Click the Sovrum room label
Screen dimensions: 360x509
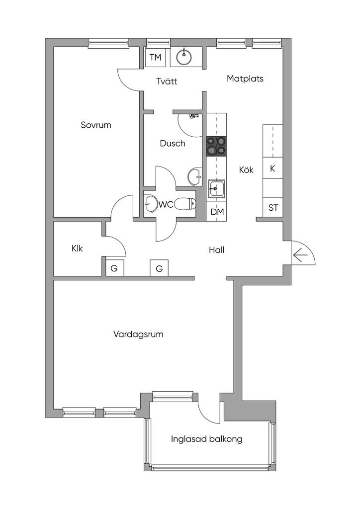pyautogui.click(x=96, y=125)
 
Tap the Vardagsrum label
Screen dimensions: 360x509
pyautogui.click(x=138, y=335)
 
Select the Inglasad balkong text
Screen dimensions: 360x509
pyautogui.click(x=207, y=439)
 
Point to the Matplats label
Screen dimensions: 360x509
pyautogui.click(x=245, y=79)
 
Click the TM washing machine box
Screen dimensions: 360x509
pyautogui.click(x=156, y=58)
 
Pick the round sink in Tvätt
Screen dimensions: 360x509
pyautogui.click(x=184, y=57)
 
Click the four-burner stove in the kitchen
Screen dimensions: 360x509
pyautogui.click(x=216, y=147)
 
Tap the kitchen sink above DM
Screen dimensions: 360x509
pyautogui.click(x=216, y=189)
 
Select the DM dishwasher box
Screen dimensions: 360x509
pyautogui.click(x=217, y=212)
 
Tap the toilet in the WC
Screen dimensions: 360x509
pyautogui.click(x=186, y=203)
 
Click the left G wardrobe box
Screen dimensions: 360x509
pyautogui.click(x=114, y=269)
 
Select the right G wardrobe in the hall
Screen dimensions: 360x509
pyautogui.click(x=159, y=269)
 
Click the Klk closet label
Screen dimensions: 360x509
pyautogui.click(x=77, y=248)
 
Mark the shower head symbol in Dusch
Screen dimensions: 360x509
pyautogui.click(x=193, y=116)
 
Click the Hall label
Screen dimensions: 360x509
pyautogui.click(x=217, y=250)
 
